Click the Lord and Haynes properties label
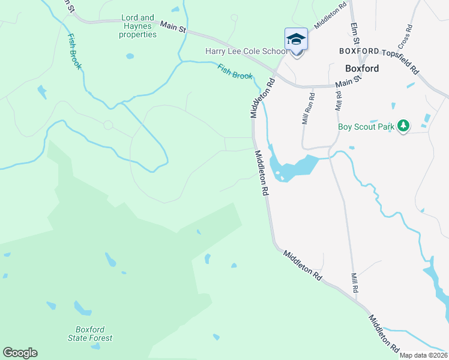pos(138,26)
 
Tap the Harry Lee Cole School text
pos(246,52)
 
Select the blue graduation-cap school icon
pos(296,40)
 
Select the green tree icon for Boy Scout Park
pos(404,126)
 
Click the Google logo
pos(20,353)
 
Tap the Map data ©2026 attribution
pos(424,355)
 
